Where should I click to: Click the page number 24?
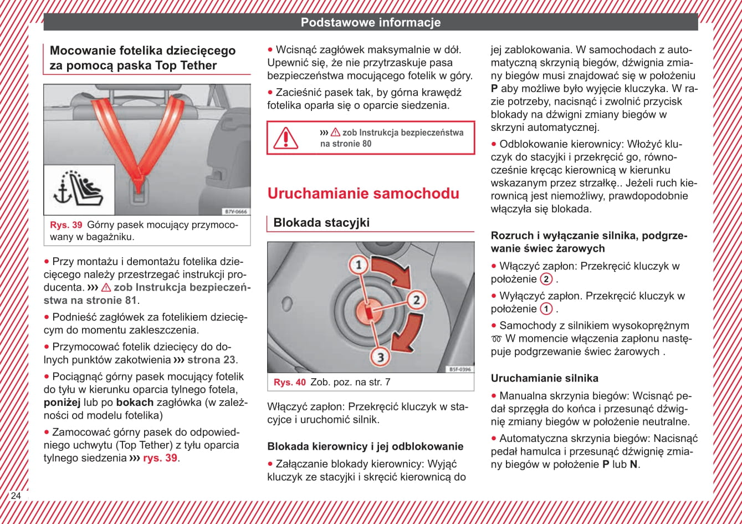(16, 495)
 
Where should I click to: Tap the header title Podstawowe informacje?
(370, 23)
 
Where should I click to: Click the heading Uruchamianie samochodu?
(363, 194)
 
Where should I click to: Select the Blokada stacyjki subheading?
(321, 223)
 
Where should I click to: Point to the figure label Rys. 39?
(66, 225)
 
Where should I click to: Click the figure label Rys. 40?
(289, 382)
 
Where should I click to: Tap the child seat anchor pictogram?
(79, 190)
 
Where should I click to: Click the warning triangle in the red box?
(286, 138)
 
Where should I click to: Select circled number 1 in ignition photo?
(359, 265)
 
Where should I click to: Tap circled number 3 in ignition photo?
(380, 357)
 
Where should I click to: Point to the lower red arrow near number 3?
(408, 333)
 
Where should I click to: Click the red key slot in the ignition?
(369, 311)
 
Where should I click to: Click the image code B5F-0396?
(459, 369)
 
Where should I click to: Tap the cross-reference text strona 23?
(211, 359)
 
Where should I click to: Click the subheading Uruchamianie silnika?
(544, 379)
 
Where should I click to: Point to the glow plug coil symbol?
(496, 339)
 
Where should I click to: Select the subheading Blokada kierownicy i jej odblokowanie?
(365, 446)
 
